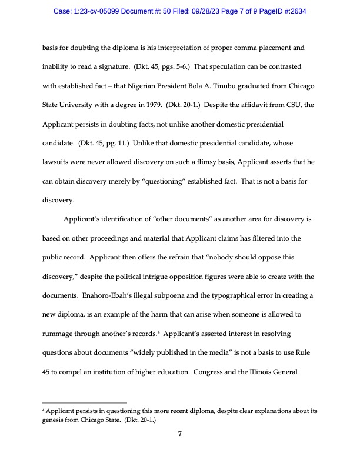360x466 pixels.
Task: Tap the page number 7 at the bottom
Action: pos(180,434)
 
